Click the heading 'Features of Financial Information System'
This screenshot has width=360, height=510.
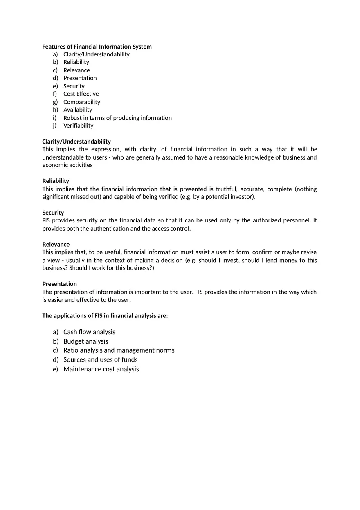pyautogui.click(x=97, y=47)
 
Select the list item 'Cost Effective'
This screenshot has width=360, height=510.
pyautogui.click(x=81, y=94)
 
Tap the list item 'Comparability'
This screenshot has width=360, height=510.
pyautogui.click(x=81, y=102)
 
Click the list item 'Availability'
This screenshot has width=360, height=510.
pyautogui.click(x=78, y=110)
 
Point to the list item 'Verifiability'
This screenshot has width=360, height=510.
pyautogui.click(x=78, y=126)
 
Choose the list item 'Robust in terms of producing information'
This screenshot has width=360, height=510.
pyautogui.click(x=117, y=118)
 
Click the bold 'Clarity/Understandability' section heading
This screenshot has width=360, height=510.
pyautogui.click(x=76, y=142)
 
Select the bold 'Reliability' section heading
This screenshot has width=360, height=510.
pyautogui.click(x=56, y=181)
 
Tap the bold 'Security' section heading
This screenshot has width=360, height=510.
pyautogui.click(x=53, y=213)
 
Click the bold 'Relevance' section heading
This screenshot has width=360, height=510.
pyautogui.click(x=56, y=244)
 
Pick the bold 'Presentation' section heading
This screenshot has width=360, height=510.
pyautogui.click(x=60, y=284)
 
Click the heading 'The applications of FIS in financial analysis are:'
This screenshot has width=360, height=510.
pyautogui.click(x=105, y=316)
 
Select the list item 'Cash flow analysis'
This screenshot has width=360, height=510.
pyautogui.click(x=89, y=332)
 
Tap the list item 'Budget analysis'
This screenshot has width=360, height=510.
pyautogui.click(x=85, y=341)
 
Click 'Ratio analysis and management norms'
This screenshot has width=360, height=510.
pyautogui.click(x=119, y=350)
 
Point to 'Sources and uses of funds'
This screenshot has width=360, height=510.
pyautogui.click(x=100, y=359)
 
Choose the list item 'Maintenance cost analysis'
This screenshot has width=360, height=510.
pyautogui.click(x=101, y=369)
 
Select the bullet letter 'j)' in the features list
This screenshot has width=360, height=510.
pyautogui.click(x=55, y=126)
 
